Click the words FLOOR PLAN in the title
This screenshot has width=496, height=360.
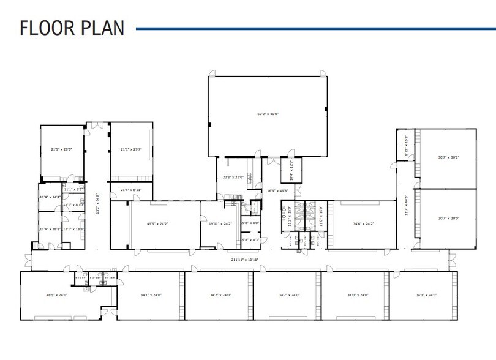[x=72, y=28]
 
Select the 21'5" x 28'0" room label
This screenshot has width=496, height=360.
[x=61, y=149]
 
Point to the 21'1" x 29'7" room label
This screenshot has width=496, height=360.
[x=131, y=149]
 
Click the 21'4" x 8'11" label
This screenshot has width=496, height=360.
[x=131, y=190]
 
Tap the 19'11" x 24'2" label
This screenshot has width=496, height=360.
[x=220, y=224]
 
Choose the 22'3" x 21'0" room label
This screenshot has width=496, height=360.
[x=233, y=178]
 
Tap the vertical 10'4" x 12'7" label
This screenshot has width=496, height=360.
[x=291, y=170]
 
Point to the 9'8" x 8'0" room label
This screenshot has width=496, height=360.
[x=251, y=223]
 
